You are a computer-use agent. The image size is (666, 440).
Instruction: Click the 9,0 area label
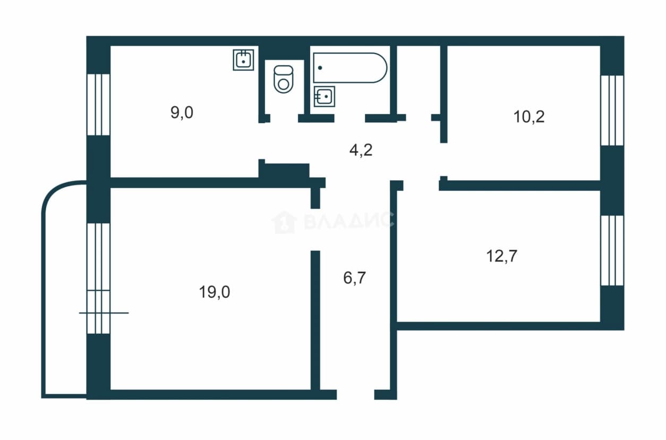[x=182, y=113]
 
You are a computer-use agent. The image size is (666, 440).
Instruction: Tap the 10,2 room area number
[x=529, y=116]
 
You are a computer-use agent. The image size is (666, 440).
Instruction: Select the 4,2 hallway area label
[x=361, y=150]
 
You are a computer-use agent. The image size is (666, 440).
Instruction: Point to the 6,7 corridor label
[x=354, y=278]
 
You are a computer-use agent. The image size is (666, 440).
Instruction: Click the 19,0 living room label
[x=215, y=292]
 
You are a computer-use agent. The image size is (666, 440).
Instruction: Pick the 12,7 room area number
[x=501, y=256]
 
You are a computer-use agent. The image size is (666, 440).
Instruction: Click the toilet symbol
[x=284, y=79]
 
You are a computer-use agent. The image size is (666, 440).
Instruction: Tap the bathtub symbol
[x=350, y=68]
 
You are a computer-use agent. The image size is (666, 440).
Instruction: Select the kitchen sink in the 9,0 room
[x=243, y=60]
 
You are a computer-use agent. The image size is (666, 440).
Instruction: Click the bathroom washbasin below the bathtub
[x=325, y=96]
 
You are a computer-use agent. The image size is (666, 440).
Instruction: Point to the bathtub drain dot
[x=320, y=68]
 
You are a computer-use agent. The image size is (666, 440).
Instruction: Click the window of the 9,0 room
[x=98, y=105]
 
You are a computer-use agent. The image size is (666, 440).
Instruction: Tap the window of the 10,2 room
[x=612, y=111]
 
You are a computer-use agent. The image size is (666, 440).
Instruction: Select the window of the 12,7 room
[x=612, y=250]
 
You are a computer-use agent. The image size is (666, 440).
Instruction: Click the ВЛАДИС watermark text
[x=349, y=221]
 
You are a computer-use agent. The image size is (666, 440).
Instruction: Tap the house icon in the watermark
[x=284, y=222]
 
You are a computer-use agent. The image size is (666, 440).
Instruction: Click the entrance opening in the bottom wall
[x=355, y=394]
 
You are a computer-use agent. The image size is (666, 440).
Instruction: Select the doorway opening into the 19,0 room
[x=315, y=230]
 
